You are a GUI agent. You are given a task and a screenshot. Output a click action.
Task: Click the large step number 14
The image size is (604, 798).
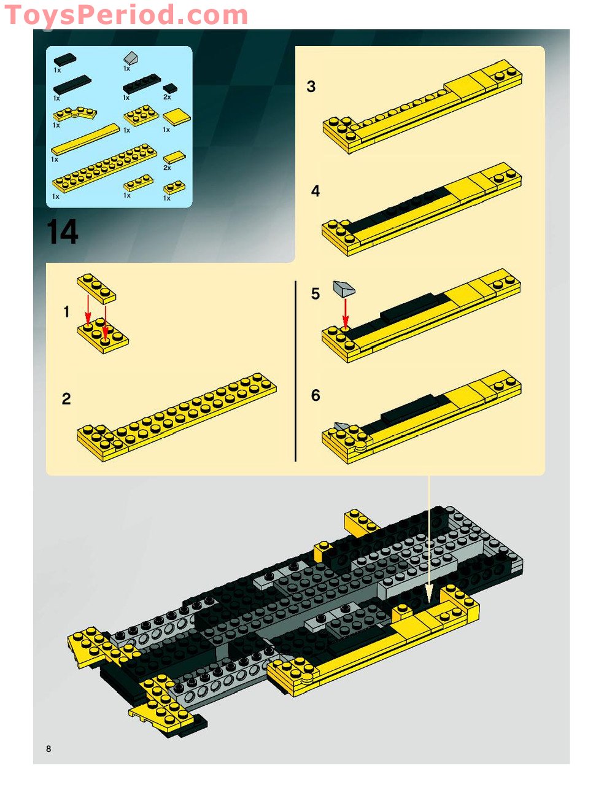click(62, 231)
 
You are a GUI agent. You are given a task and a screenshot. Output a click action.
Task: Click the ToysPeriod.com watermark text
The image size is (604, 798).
click(126, 15)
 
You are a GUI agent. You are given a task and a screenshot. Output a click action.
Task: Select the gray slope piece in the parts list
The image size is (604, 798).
click(131, 58)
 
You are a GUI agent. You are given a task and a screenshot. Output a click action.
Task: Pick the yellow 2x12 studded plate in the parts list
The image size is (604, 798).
click(105, 168)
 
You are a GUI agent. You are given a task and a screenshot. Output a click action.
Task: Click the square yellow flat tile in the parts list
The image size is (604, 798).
click(176, 117)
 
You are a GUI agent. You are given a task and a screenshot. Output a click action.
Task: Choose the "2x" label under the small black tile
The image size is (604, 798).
click(167, 97)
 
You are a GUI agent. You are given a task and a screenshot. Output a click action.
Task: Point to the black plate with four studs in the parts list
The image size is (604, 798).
click(141, 83)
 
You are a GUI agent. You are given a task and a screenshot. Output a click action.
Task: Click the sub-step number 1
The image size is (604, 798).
click(66, 312)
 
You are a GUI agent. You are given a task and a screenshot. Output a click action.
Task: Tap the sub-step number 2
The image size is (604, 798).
click(66, 398)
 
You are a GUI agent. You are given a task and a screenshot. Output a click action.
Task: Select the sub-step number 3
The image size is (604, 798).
click(311, 87)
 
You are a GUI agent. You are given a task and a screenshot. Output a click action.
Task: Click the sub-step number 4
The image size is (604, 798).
click(315, 191)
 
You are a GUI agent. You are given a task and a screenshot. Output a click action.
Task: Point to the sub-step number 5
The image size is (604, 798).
click(315, 294)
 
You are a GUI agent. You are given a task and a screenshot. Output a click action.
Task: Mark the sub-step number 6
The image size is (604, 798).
click(316, 395)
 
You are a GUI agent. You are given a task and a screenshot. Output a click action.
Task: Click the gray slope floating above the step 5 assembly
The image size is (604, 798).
click(344, 289)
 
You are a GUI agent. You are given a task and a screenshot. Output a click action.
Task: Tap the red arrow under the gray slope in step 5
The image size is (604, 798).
click(345, 314)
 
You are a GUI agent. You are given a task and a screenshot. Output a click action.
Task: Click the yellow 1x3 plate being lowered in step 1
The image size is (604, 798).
click(96, 289)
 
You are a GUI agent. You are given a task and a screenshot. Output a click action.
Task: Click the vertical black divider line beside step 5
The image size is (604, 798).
click(295, 371)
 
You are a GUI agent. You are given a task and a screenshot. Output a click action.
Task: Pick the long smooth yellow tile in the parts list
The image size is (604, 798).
click(85, 139)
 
